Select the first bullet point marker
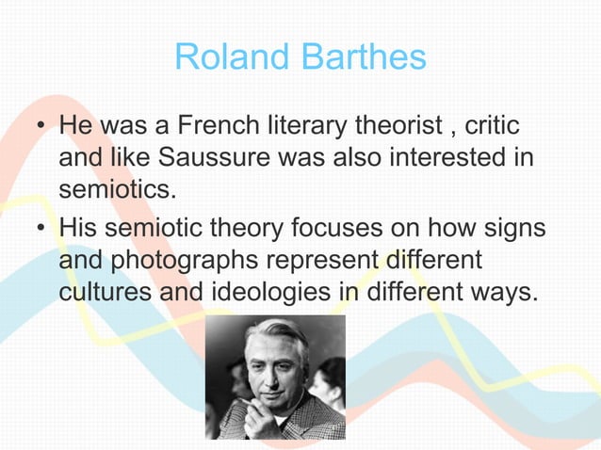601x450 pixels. pyautogui.click(x=40, y=126)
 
